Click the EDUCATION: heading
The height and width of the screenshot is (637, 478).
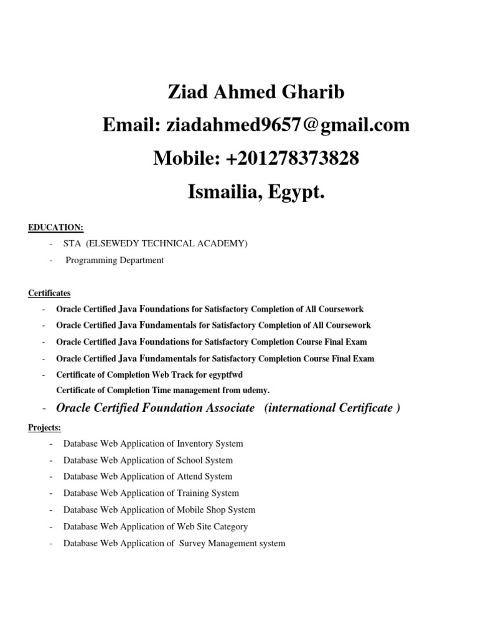56,228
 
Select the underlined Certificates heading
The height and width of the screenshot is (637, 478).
50,292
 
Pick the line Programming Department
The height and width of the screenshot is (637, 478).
115,260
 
